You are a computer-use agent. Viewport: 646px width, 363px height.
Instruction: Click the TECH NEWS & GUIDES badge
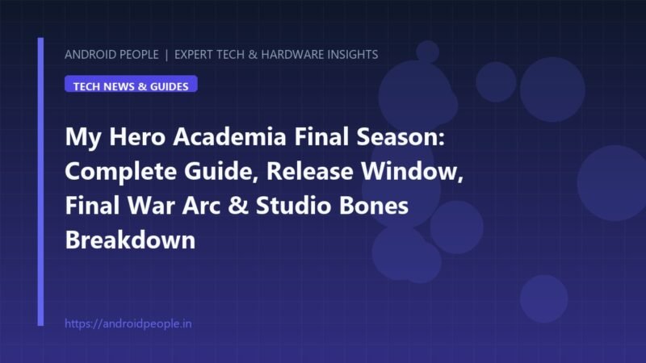click(x=131, y=84)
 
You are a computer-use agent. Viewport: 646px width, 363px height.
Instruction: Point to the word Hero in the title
click(x=137, y=136)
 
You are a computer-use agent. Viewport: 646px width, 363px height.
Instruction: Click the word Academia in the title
click(x=229, y=136)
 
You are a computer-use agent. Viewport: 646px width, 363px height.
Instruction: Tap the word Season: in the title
click(x=401, y=136)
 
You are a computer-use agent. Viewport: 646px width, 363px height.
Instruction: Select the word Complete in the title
click(x=120, y=171)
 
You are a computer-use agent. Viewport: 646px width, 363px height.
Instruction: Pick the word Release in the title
click(x=310, y=171)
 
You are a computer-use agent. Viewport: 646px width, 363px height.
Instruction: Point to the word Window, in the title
click(x=413, y=171)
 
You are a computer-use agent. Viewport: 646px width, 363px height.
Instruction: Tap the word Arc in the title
click(x=201, y=206)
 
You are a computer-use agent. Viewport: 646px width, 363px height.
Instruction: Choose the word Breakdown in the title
click(x=130, y=240)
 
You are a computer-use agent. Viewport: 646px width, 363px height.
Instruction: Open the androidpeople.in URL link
click(x=128, y=324)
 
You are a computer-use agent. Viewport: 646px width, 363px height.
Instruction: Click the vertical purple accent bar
click(x=40, y=181)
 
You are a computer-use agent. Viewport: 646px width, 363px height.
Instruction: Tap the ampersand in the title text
click(x=238, y=206)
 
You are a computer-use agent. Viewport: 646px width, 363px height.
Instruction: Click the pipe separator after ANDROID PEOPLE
click(x=166, y=55)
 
